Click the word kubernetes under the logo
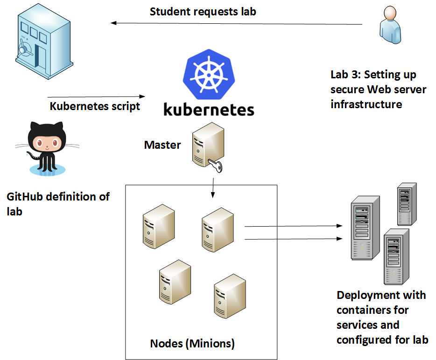point(209,109)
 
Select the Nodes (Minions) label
point(192,344)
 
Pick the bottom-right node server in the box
point(229,296)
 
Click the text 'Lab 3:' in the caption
point(346,75)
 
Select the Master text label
point(162,145)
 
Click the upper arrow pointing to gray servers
point(292,227)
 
